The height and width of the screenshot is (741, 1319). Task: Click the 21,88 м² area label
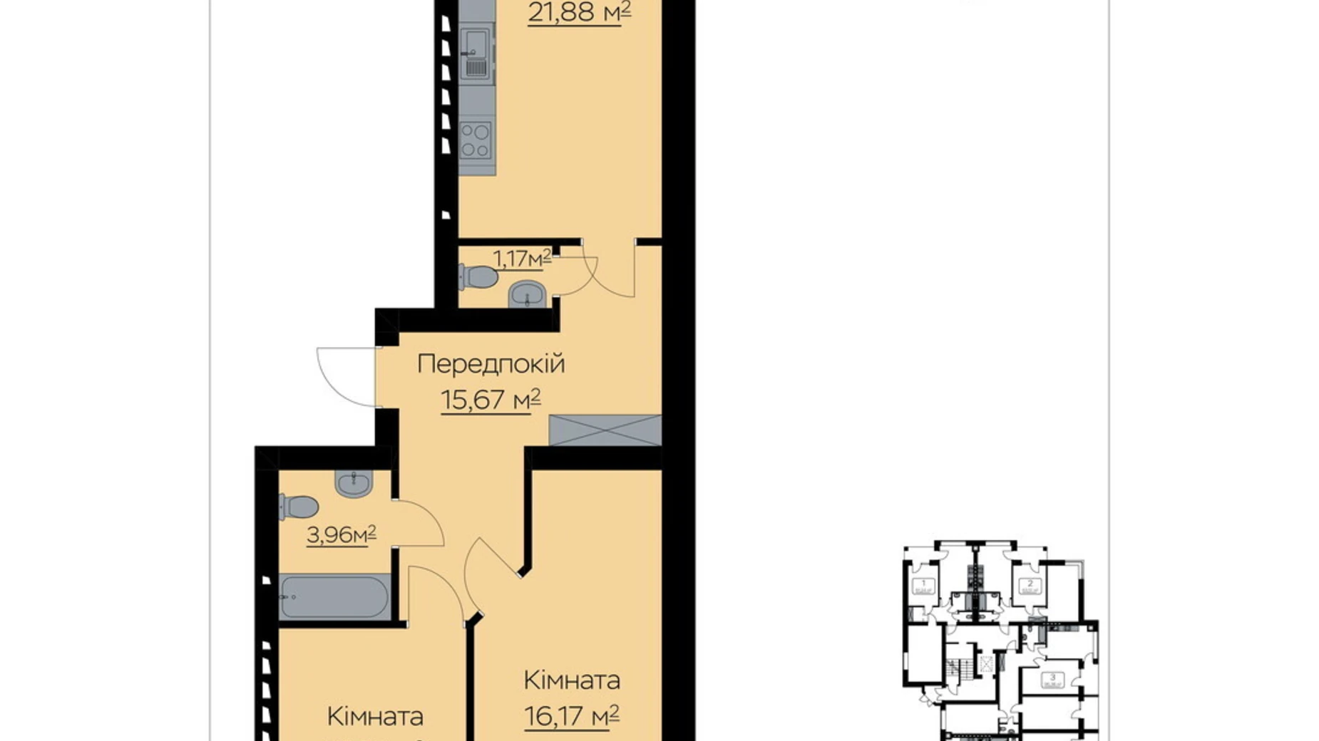pos(579,12)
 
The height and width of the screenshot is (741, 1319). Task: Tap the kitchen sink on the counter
pos(476,53)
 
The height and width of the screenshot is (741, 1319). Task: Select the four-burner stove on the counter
pos(476,140)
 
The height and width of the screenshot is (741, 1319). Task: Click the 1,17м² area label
pos(523,258)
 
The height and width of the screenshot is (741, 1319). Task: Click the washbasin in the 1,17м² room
pos(527,294)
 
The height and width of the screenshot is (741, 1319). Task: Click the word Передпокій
pos(491,364)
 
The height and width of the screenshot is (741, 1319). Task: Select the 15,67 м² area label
pos(491,400)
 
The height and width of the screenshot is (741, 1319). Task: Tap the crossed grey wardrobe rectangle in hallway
pos(605,430)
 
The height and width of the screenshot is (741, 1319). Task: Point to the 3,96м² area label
pos(341,534)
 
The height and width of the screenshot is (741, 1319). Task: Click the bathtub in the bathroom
pos(334,597)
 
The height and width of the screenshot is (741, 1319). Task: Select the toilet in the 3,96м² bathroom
pos(298,507)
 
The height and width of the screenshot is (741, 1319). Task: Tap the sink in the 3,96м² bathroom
pos(353,483)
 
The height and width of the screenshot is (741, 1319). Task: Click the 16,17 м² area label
pos(571,715)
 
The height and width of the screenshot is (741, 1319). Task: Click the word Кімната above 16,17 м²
pos(571,680)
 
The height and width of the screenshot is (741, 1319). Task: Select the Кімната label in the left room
pos(375,716)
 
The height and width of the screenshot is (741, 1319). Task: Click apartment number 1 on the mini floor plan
pos(923,583)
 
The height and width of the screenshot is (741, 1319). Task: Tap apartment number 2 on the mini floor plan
pos(1030,583)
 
